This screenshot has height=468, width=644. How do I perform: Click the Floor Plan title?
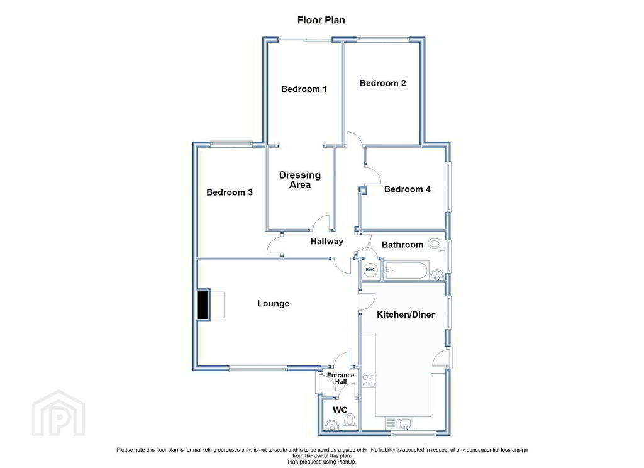pos(321,20)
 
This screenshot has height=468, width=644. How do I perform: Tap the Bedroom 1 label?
pos(304,89)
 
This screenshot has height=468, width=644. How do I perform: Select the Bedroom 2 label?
pos(383,83)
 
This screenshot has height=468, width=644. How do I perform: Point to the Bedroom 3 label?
pos(229,192)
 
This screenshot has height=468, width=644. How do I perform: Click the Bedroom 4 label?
pos(408,189)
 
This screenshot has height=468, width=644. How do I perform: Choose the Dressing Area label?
pos(300,180)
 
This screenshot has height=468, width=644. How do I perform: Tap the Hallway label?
pos(326,241)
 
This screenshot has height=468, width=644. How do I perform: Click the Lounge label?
pos(273,304)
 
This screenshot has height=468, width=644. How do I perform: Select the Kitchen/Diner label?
pos(406,315)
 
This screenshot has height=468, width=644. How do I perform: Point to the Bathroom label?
pos(402,245)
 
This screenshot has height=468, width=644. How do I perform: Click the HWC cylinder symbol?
pos(370,270)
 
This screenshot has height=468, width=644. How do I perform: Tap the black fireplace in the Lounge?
pos(203,305)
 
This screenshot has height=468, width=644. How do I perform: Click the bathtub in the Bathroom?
pos(407,270)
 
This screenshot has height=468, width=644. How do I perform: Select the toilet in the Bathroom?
pos(435,244)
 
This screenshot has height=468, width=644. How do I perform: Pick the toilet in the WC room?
pos(350,421)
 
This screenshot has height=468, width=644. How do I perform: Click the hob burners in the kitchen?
pos(369,381)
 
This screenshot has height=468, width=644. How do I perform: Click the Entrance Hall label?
pos(340,379)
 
